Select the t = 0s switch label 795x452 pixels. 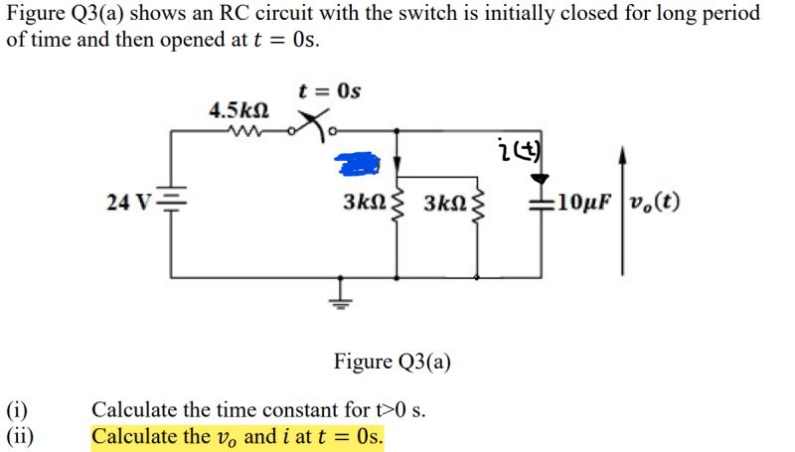pos(330,91)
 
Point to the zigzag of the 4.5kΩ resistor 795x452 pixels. pos(242,129)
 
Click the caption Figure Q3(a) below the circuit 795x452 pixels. pos(392,361)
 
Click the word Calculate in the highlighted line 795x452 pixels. pos(133,436)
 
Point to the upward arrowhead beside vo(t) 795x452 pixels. pos(622,154)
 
